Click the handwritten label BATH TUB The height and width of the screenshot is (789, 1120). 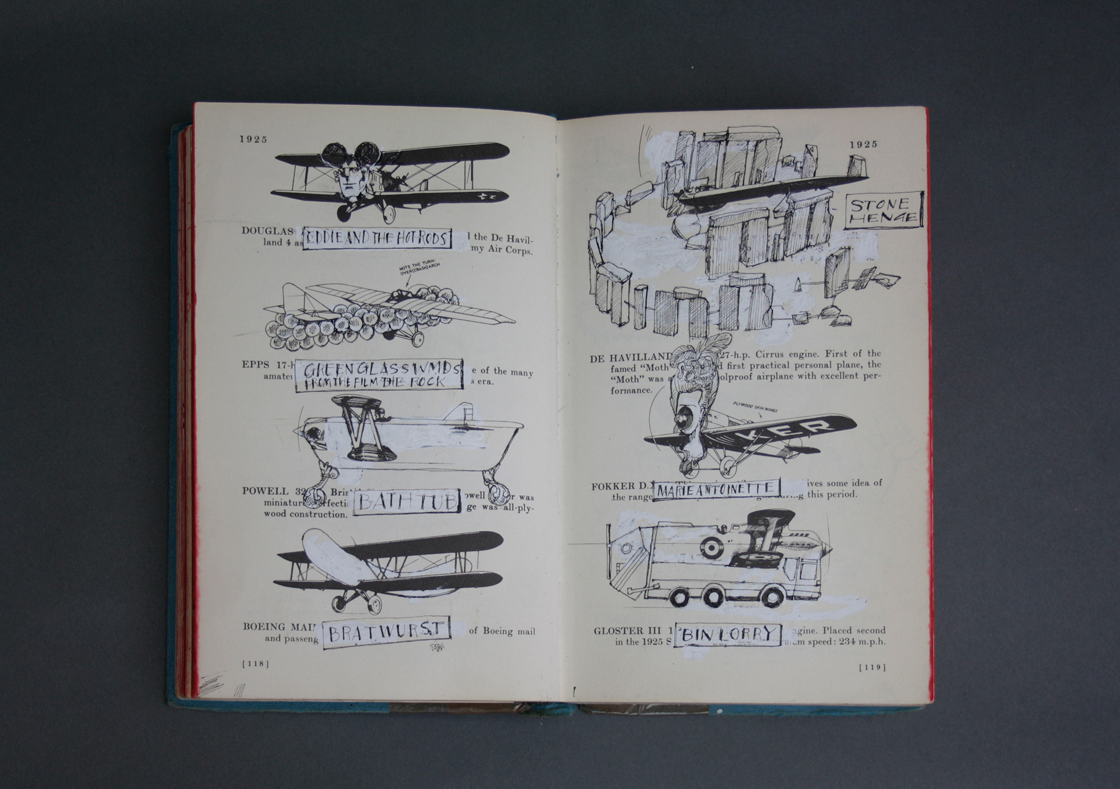407,502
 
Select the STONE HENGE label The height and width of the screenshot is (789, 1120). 883,210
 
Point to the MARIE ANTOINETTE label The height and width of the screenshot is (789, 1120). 716,489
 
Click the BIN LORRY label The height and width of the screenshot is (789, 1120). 727,634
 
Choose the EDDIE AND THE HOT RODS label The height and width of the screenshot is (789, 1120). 377,238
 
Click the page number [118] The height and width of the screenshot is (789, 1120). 256,664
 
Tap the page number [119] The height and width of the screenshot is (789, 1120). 872,667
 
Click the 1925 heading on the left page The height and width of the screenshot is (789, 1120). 253,139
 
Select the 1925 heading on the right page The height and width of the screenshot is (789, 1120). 863,144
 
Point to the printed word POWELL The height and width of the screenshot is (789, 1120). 265,491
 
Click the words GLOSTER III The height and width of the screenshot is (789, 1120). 627,630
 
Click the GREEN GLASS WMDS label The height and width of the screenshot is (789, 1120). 379,375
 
